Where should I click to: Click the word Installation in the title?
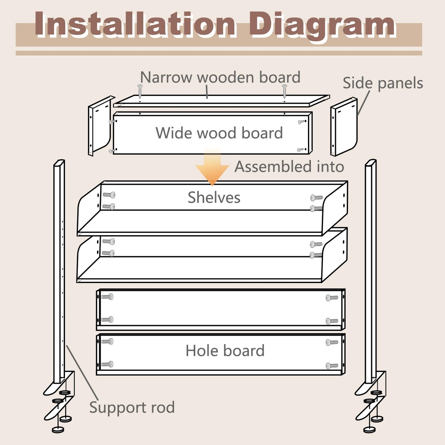pos(135,25)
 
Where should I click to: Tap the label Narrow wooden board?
pos(220,77)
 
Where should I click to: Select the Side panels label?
pos(383,83)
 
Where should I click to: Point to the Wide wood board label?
pos(219,133)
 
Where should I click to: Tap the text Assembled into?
pos(289,167)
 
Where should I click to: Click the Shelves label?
pos(214,198)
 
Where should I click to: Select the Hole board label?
pos(225,350)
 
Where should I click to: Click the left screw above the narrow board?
pos(140,91)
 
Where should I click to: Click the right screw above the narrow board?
pos(284,91)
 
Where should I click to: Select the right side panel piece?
pos(344,127)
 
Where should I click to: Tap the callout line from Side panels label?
pos(363,103)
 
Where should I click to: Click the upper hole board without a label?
pos(220,310)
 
